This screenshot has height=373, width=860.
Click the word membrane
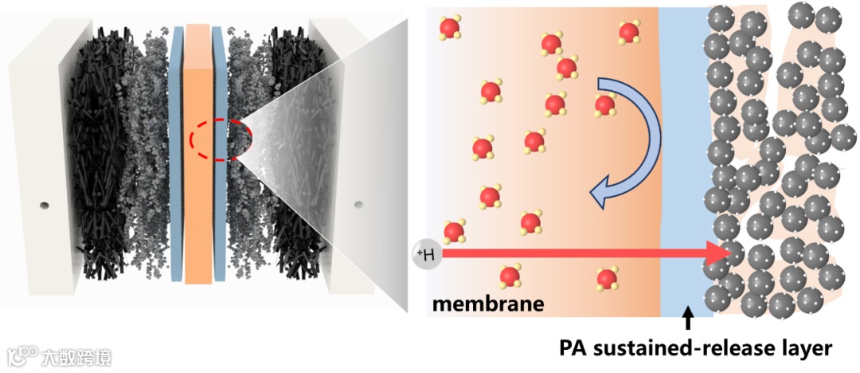coord(488,304)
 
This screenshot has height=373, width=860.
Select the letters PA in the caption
coord(573,348)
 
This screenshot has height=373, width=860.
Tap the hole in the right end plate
coord(358,205)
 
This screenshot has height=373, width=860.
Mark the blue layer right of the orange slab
coord(219,159)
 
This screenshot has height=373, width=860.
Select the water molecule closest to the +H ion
coord(453,231)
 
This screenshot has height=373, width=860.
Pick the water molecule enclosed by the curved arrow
coord(605,104)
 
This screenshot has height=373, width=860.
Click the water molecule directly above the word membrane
coord(510,277)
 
